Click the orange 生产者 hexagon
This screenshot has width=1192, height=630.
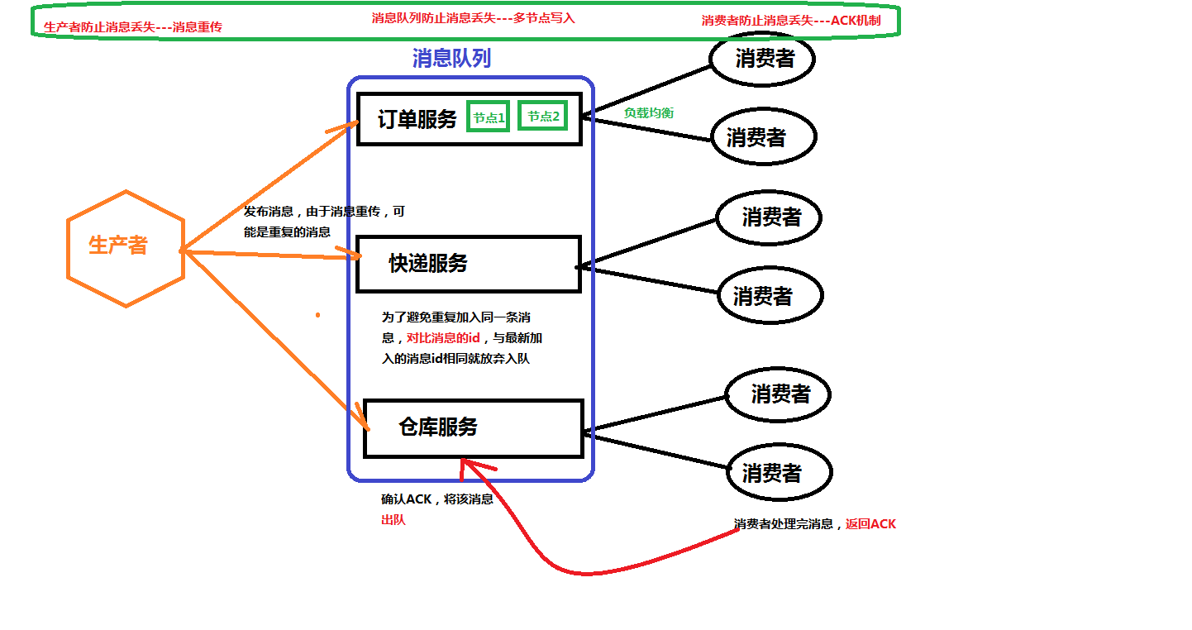[x=125, y=248]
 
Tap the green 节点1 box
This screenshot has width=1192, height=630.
[x=489, y=117]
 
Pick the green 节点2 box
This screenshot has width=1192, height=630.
[x=543, y=117]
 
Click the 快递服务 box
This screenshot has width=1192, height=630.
[x=468, y=264]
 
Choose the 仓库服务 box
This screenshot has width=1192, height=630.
[x=473, y=427]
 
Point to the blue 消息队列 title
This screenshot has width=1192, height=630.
[x=451, y=58]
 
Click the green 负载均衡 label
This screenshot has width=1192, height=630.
[x=648, y=113]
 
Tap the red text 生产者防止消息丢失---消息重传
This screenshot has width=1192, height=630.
[x=132, y=26]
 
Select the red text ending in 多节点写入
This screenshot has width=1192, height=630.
[x=473, y=17]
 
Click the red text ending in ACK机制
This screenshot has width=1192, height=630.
[x=790, y=20]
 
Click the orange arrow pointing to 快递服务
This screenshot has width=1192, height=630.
[x=273, y=254]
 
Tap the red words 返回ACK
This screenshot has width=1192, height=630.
[x=870, y=524]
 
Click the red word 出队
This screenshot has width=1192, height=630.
[x=393, y=521]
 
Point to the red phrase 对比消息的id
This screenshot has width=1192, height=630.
[x=443, y=338]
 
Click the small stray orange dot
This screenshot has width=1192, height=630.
[x=317, y=315]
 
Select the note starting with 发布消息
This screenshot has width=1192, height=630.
[x=324, y=222]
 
